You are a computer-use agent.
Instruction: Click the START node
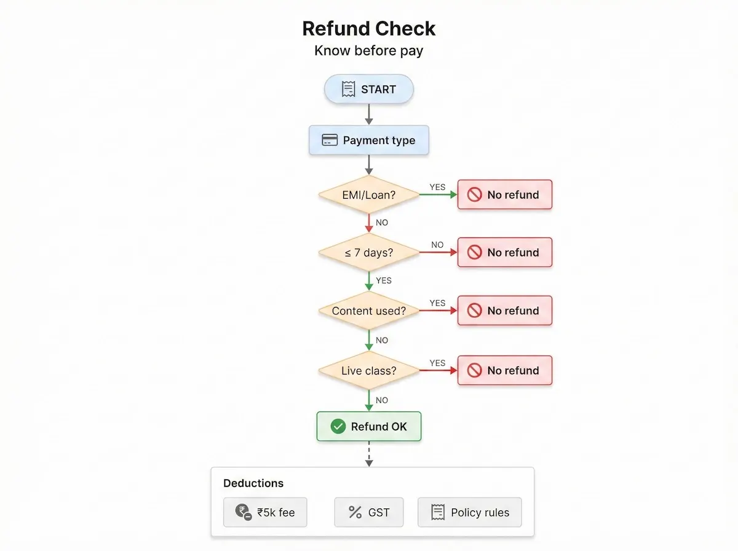click(x=369, y=89)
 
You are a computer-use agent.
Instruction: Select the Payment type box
click(x=369, y=140)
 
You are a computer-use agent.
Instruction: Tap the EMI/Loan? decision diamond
click(x=369, y=195)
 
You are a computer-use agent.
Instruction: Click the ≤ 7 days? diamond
click(x=369, y=252)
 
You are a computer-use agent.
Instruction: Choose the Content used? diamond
click(x=369, y=311)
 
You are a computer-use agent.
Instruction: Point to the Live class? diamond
click(x=369, y=371)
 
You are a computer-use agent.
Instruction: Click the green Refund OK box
click(x=369, y=426)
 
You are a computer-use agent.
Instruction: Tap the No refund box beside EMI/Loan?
click(x=505, y=195)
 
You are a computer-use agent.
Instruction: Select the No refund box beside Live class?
click(x=505, y=371)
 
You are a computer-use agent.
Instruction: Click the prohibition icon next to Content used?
click(x=474, y=311)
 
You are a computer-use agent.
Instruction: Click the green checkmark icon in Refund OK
click(x=338, y=426)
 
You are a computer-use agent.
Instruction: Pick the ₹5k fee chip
click(x=265, y=512)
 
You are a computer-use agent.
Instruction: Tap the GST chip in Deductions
click(x=369, y=512)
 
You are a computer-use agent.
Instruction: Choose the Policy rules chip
click(x=469, y=512)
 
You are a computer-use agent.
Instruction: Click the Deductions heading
click(x=253, y=483)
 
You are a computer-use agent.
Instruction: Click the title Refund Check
click(x=369, y=28)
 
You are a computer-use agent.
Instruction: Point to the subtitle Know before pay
click(x=369, y=50)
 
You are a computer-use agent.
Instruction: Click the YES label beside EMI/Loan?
click(x=437, y=187)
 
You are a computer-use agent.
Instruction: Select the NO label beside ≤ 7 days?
click(x=437, y=245)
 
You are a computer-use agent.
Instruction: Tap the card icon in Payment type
click(x=330, y=140)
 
